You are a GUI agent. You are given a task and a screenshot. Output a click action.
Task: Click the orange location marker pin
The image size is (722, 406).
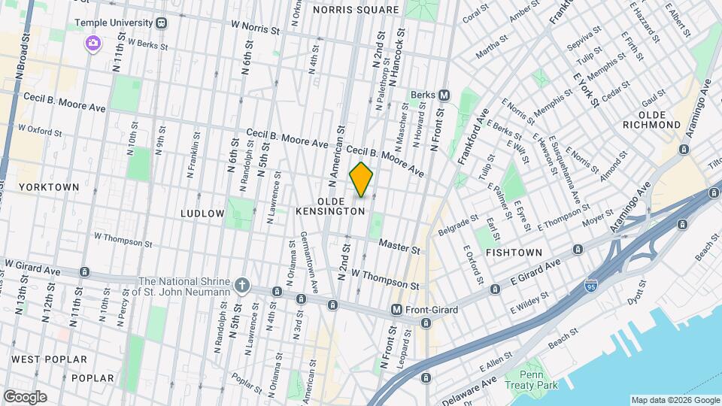click(x=362, y=180)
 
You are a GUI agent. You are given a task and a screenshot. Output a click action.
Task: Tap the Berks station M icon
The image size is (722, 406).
click(x=444, y=95)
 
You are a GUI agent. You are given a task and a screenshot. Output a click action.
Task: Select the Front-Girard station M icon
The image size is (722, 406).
click(x=396, y=309)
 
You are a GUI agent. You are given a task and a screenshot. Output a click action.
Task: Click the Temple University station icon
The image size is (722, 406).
click(x=162, y=23)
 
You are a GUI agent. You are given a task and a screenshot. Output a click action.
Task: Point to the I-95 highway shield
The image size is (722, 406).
click(x=592, y=286)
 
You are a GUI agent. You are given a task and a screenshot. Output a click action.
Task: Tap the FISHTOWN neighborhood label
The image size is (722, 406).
click(x=514, y=252)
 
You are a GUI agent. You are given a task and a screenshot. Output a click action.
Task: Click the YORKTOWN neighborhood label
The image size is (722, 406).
click(x=49, y=186)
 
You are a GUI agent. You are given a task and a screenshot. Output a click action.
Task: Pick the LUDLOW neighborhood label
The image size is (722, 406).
click(x=202, y=214)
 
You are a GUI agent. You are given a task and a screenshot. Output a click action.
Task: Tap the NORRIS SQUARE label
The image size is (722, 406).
click(x=356, y=10)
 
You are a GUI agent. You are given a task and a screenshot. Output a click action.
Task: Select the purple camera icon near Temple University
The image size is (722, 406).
click(x=93, y=42)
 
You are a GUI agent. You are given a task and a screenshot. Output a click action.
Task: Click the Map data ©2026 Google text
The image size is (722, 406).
click(x=675, y=400)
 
